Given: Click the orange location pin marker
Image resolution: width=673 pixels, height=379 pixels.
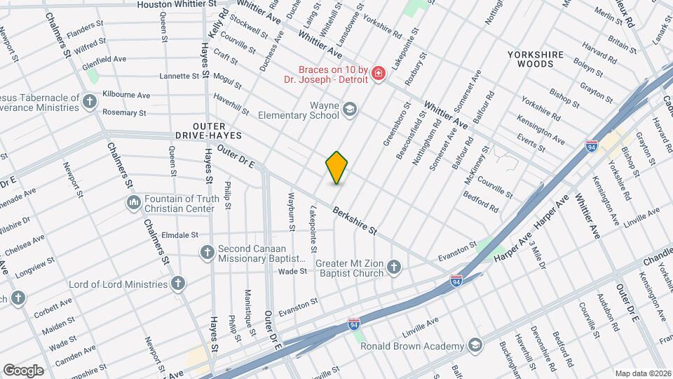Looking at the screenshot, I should (x=337, y=168).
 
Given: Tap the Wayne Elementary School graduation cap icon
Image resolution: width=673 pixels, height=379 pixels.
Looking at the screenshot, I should (x=349, y=109).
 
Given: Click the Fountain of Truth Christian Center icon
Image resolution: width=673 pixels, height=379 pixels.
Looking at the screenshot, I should (x=134, y=203).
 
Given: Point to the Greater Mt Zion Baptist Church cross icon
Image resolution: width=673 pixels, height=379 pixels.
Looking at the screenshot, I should (x=394, y=267).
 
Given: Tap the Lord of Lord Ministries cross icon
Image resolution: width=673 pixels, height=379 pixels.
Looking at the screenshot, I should (x=178, y=284).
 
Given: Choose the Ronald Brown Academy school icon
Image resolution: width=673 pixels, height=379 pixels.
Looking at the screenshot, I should (x=475, y=345).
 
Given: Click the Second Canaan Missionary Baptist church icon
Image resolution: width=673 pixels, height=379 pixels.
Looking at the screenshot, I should (x=207, y=252).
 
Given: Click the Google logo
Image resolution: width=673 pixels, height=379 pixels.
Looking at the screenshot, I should (x=23, y=370).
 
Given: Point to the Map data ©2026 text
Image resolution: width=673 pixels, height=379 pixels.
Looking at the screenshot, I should (x=642, y=373).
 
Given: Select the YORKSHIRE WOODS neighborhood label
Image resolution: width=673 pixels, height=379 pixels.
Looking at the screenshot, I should (x=536, y=58).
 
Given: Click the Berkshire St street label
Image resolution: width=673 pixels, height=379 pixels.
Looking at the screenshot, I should (x=355, y=220).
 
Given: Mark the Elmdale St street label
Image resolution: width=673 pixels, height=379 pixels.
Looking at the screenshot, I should (x=180, y=235).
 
